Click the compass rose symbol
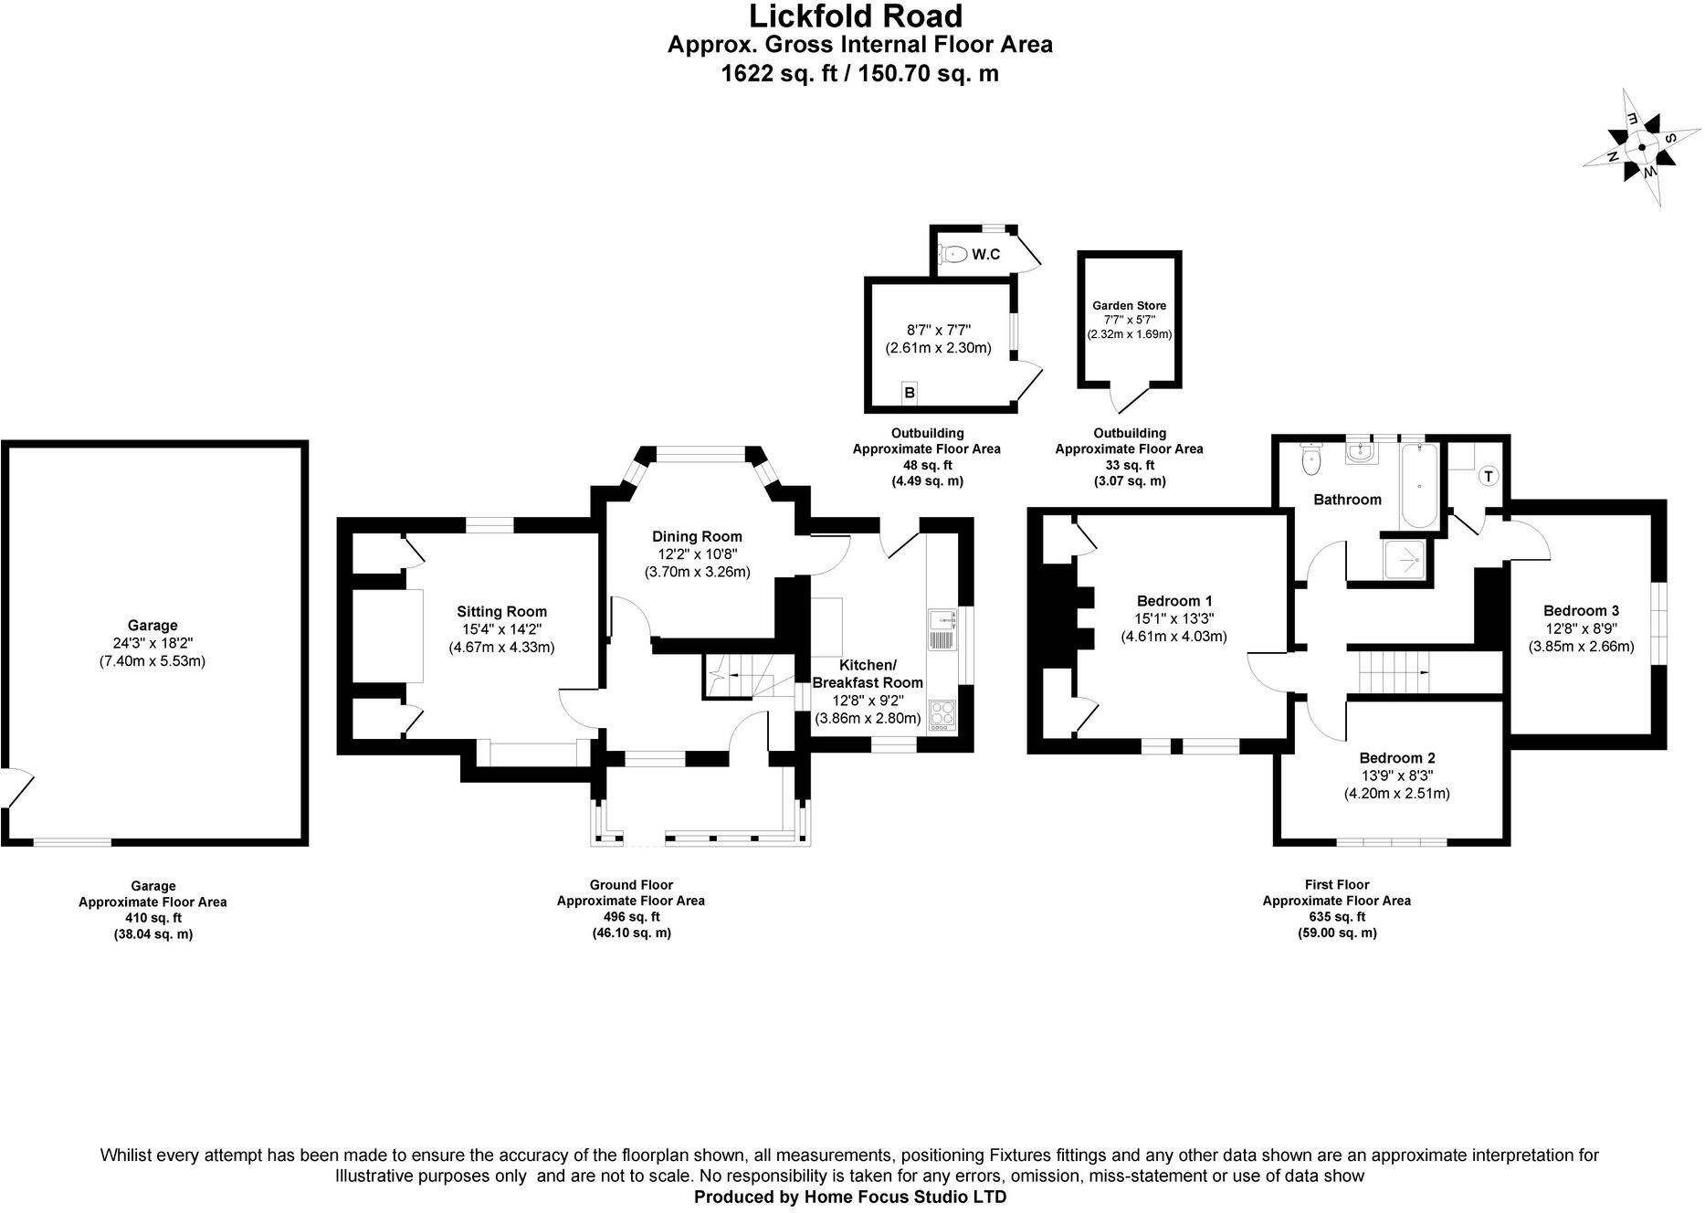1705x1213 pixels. click(1642, 147)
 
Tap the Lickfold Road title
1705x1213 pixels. click(856, 16)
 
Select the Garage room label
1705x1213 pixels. click(153, 626)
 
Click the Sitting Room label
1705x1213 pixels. click(501, 612)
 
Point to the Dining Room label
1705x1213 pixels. click(697, 537)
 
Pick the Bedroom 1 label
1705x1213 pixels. click(1174, 601)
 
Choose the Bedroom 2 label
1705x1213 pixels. click(1396, 758)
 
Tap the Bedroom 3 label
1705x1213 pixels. click(1581, 611)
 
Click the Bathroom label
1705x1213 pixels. click(1347, 500)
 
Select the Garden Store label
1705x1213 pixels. click(1129, 306)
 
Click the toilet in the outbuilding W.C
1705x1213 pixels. click(953, 254)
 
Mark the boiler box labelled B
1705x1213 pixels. click(910, 393)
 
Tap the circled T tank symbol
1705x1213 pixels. click(1488, 476)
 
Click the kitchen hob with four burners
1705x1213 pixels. click(941, 715)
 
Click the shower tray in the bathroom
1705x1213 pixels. click(1405, 559)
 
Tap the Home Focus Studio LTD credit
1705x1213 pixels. click(850, 1197)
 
